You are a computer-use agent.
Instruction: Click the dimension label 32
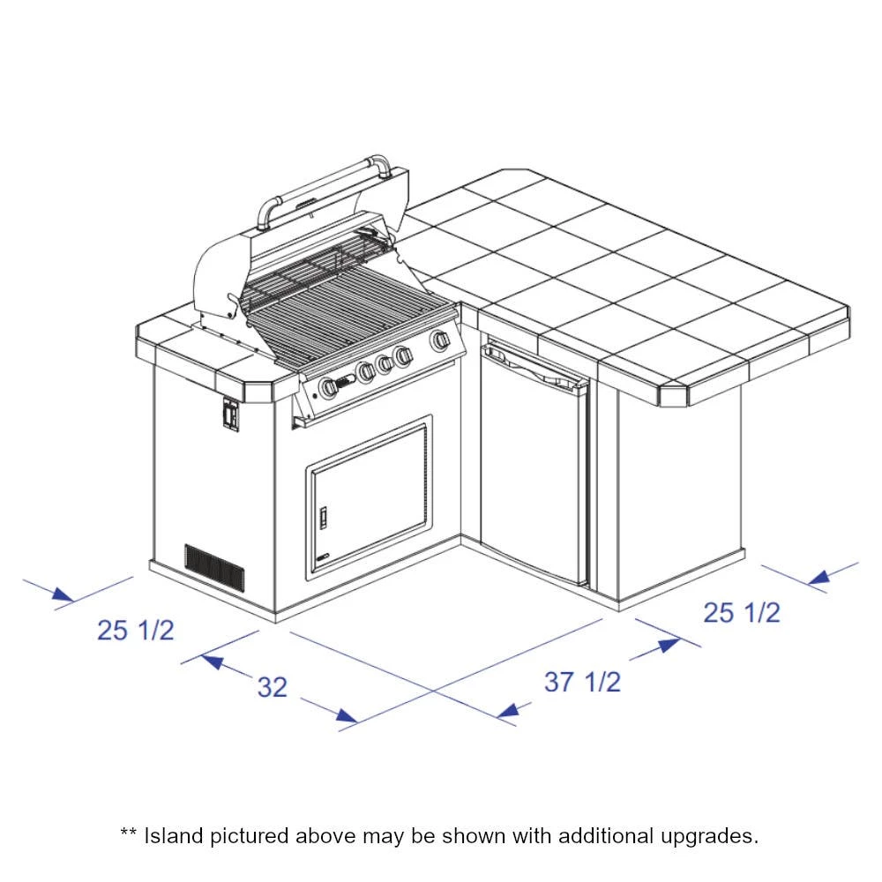pos(273,687)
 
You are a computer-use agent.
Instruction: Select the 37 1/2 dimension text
pos(582,682)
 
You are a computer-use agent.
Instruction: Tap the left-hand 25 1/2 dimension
pos(136,630)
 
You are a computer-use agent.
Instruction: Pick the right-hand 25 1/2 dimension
pos(742,612)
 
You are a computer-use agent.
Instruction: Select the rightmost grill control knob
pos(440,340)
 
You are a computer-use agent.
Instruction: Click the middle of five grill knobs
pos(385,364)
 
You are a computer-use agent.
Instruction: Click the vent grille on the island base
pos(215,567)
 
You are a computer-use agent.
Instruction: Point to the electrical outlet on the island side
pos(230,415)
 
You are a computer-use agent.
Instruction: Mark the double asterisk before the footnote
pos(128,832)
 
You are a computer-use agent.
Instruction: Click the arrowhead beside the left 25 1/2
pos(63,594)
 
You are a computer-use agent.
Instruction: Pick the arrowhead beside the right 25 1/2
pos(818,577)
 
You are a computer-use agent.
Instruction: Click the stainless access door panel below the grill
pos(370,497)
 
